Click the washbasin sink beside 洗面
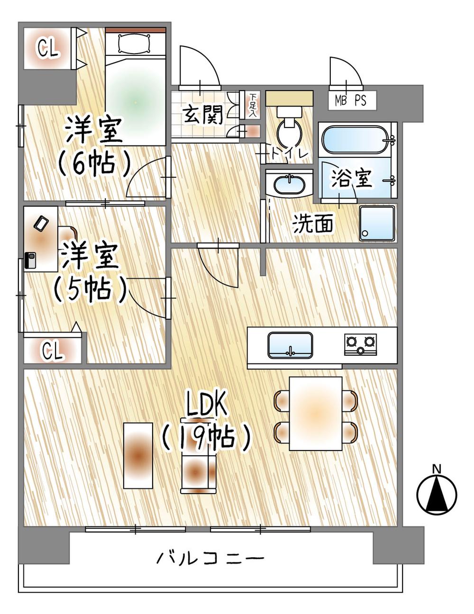(289, 184)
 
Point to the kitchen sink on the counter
(290, 345)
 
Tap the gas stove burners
(361, 344)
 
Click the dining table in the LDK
(316, 413)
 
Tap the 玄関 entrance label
(203, 115)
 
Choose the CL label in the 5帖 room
(52, 351)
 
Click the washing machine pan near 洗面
(377, 223)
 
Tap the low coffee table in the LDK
(138, 455)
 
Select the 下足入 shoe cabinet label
(252, 105)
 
